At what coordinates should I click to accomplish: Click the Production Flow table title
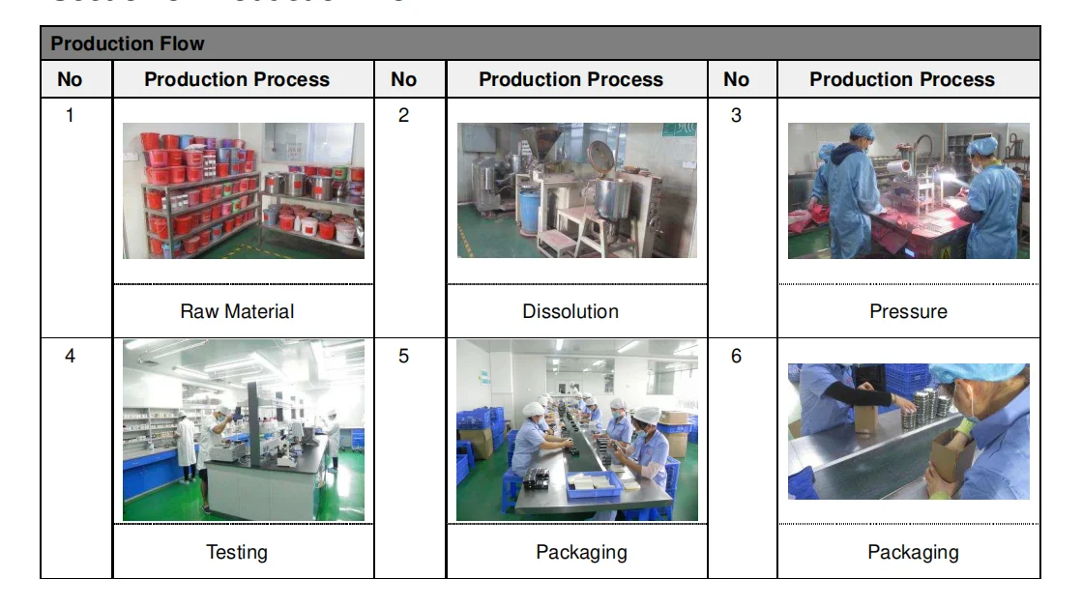[128, 43]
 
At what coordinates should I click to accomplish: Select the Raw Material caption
[237, 311]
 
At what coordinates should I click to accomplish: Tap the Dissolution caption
[570, 311]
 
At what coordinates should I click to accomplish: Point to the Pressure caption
[908, 311]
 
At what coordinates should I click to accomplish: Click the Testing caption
[237, 552]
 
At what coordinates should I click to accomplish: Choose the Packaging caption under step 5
[581, 552]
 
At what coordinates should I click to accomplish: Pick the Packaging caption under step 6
[913, 552]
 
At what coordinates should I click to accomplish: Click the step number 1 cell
[70, 116]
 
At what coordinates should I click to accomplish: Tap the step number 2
[404, 116]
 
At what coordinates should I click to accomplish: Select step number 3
[737, 116]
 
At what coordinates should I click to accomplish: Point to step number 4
[70, 357]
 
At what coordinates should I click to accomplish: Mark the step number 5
[404, 357]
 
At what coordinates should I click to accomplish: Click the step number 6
[737, 357]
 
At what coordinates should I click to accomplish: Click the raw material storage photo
[244, 190]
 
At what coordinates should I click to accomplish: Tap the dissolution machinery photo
[577, 190]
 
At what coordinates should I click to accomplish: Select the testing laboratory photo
[244, 430]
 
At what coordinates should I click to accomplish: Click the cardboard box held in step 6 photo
[952, 454]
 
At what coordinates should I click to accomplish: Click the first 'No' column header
[70, 79]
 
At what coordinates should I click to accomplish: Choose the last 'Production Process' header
[902, 79]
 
